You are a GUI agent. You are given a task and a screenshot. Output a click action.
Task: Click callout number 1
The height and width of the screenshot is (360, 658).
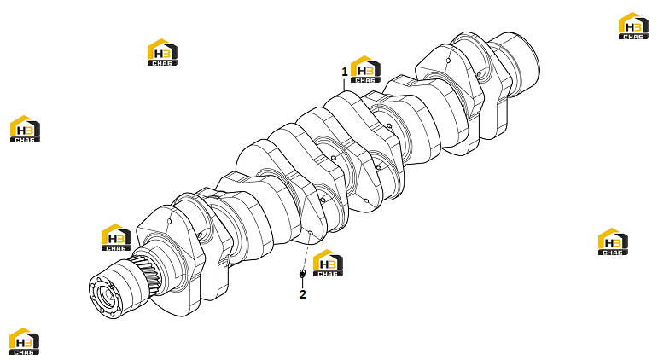click(x=345, y=72)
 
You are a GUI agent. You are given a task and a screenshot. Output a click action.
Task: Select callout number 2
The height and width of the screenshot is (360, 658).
click(x=303, y=294)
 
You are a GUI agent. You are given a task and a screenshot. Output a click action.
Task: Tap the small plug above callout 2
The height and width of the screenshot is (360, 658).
click(x=302, y=274)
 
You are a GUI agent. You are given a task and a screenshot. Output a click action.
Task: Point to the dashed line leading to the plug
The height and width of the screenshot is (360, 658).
click(x=306, y=251)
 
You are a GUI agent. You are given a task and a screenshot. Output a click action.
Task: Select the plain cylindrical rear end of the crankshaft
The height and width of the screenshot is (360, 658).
click(x=515, y=61)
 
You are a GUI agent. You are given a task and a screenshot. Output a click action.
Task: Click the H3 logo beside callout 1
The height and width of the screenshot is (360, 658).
click(x=365, y=69)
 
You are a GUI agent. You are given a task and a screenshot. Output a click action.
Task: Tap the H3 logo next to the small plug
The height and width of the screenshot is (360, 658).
click(x=329, y=263)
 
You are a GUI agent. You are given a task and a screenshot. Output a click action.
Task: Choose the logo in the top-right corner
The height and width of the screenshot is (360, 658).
click(x=633, y=26)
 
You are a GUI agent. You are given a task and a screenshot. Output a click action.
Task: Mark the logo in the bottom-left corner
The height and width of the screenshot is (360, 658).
click(x=25, y=341)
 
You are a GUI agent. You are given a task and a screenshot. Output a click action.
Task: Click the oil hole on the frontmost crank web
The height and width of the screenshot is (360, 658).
click(x=170, y=221)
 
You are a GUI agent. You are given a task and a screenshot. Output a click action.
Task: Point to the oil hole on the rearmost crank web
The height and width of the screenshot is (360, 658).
click(x=448, y=61)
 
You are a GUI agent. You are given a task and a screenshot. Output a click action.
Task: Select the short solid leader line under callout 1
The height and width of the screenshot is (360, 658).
click(x=345, y=84)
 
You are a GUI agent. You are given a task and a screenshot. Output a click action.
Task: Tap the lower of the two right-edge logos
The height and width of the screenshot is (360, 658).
click(x=613, y=241)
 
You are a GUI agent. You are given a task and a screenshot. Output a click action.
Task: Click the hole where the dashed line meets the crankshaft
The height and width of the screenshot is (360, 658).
click(x=311, y=232)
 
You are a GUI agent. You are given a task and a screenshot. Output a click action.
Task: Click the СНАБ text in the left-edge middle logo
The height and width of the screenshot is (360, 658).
click(x=26, y=140)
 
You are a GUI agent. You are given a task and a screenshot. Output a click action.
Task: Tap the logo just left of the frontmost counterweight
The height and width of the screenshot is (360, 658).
click(x=117, y=237)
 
